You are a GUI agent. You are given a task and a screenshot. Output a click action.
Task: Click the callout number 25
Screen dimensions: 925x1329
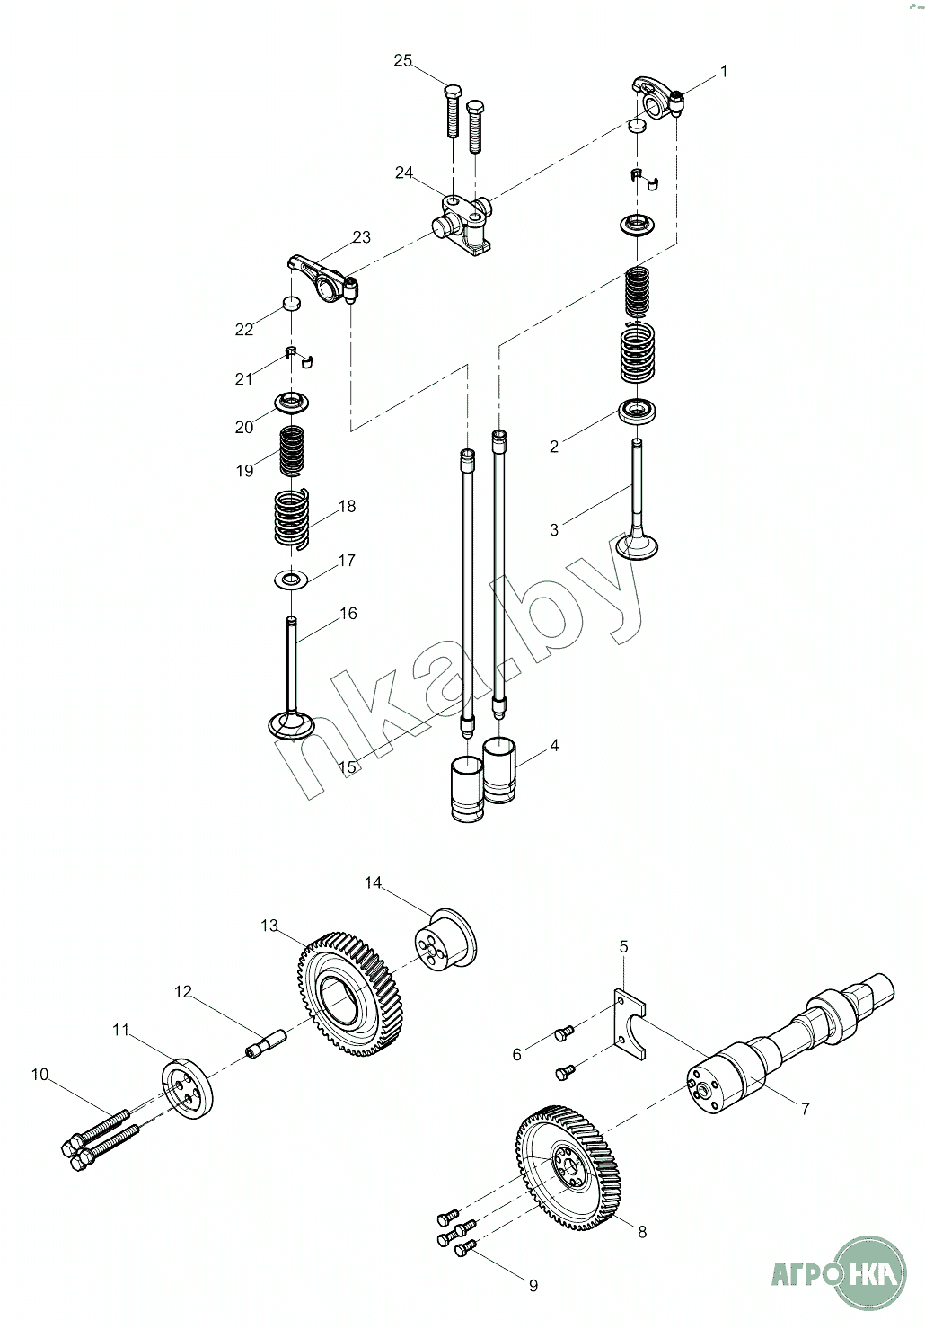(402, 60)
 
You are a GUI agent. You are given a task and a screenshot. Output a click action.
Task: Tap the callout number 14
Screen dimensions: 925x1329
(373, 882)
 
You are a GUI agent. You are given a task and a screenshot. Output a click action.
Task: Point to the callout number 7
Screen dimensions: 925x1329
(805, 1108)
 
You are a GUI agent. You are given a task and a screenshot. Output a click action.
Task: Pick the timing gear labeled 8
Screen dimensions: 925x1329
(568, 1171)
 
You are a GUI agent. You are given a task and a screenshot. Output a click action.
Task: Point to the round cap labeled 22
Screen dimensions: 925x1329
(291, 303)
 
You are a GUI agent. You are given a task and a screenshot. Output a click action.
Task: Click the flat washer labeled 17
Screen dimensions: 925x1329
(291, 579)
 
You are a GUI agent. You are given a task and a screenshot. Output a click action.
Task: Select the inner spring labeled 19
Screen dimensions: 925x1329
(291, 451)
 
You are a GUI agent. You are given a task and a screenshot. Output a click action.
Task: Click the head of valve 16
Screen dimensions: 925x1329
(291, 725)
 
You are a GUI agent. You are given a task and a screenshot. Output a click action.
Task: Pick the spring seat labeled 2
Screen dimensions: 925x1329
(638, 412)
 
